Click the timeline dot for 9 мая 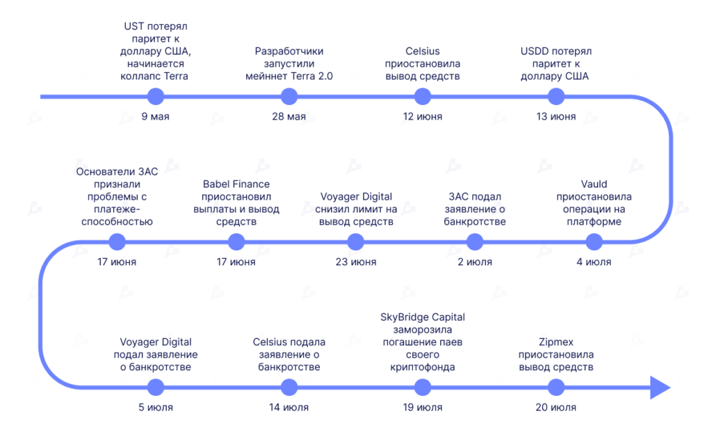(155, 96)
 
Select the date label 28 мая (289, 116)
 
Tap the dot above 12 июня (422, 96)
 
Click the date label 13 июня (556, 116)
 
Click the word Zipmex (556, 342)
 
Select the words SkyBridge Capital (422, 317)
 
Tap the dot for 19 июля (422, 388)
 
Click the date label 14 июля (289, 408)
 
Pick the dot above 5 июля (155, 388)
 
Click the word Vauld (594, 184)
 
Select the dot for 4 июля (594, 241)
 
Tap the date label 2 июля (475, 262)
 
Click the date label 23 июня (356, 262)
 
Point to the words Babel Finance (236, 184)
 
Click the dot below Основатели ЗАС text (117, 241)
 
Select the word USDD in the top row (533, 51)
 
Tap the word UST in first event (133, 26)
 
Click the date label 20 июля (556, 408)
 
